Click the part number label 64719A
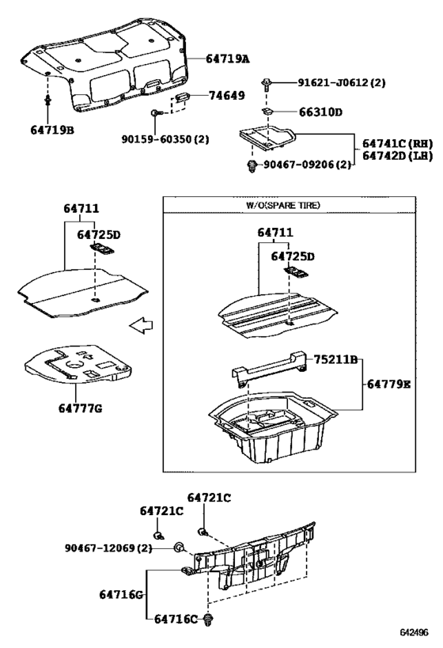point(227,59)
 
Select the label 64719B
point(52,129)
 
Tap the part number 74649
point(226,95)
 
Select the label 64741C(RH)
point(399,143)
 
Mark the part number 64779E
point(388,385)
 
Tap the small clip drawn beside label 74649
point(182,97)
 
